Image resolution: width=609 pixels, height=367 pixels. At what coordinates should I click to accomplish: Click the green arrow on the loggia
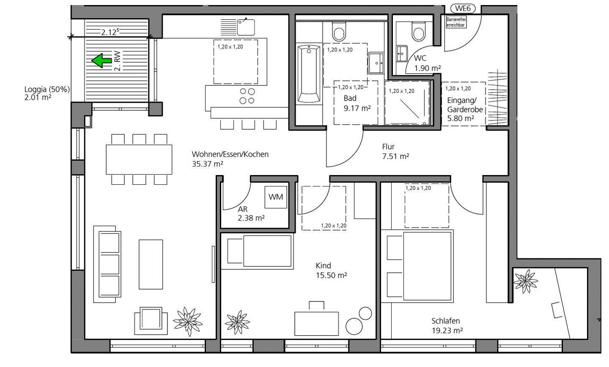coord(101,60)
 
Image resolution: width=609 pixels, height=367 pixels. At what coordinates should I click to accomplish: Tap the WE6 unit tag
coord(463,8)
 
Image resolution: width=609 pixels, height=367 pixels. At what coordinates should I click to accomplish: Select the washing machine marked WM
coord(276,197)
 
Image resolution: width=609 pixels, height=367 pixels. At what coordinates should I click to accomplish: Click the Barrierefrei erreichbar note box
coord(456,22)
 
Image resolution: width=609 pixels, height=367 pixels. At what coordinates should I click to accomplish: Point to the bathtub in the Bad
coord(309,74)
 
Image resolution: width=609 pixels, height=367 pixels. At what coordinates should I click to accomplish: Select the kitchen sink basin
coord(246,27)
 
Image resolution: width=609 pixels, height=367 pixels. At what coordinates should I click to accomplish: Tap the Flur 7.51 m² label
coord(395,151)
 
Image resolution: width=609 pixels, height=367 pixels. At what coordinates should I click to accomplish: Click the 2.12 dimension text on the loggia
coord(110,32)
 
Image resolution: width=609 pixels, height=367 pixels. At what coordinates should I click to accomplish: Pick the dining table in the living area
coord(139,159)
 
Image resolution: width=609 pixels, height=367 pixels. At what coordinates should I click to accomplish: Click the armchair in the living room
coord(151,321)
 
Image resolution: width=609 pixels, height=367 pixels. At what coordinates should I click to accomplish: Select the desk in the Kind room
coord(316,323)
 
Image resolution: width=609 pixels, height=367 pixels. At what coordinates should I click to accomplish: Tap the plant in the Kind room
coord(237,322)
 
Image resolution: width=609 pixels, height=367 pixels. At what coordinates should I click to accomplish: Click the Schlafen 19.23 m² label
coord(447,326)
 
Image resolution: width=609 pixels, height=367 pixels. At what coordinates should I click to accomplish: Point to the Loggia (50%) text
coord(47,89)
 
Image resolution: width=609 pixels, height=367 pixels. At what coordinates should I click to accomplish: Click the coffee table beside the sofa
coord(151,265)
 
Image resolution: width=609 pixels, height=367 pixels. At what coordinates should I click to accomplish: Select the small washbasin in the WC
coord(402,54)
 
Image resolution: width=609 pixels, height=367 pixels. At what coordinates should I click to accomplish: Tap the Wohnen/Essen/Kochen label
coord(230,154)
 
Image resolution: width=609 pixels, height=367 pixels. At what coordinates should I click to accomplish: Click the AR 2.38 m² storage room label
coord(251,214)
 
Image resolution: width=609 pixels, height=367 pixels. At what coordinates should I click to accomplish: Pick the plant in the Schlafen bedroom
coord(525,281)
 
